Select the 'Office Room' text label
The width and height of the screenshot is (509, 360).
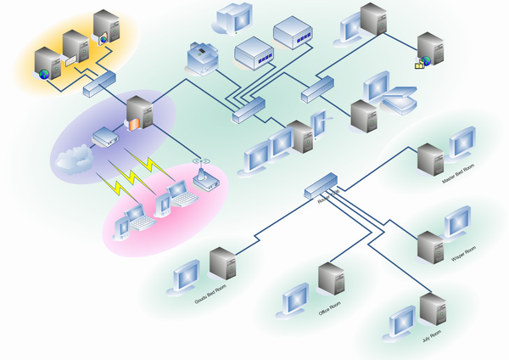click(329, 310)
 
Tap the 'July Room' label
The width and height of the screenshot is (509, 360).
click(432, 336)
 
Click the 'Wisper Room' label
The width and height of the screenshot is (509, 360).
click(463, 253)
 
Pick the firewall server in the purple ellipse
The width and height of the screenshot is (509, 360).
click(138, 114)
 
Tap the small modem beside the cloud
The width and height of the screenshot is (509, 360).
click(103, 137)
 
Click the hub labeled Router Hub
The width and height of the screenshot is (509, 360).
click(322, 186)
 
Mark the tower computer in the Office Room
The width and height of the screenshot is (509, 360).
click(330, 283)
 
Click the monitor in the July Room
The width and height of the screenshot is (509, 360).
click(401, 323)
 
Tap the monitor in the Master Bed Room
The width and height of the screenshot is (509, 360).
click(462, 143)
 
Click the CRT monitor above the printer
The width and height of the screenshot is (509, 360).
click(234, 17)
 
